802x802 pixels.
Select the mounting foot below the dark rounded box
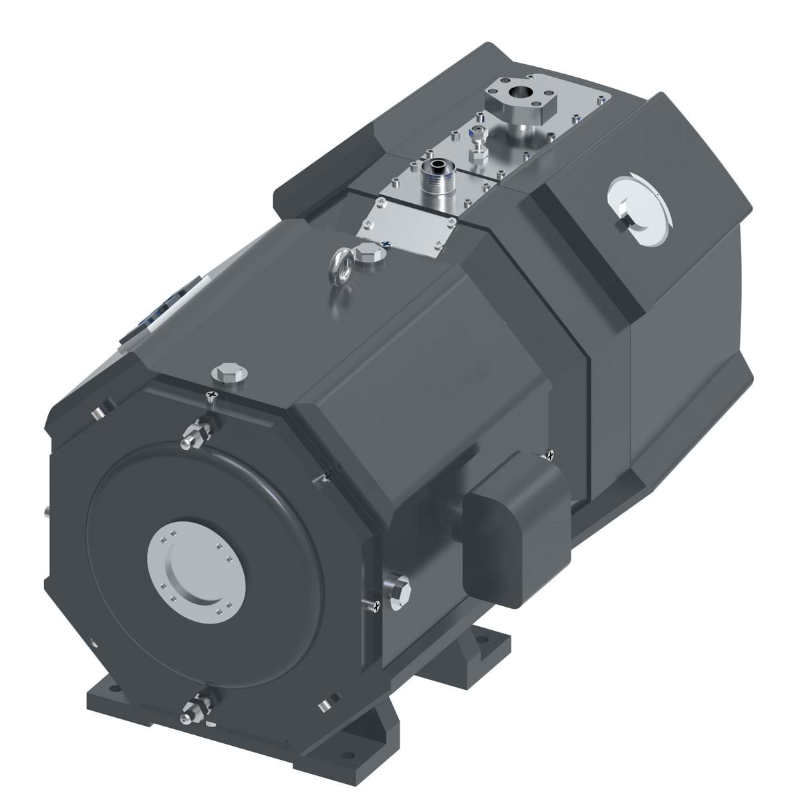point(481,652)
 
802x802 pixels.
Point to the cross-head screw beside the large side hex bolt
point(374,605)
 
